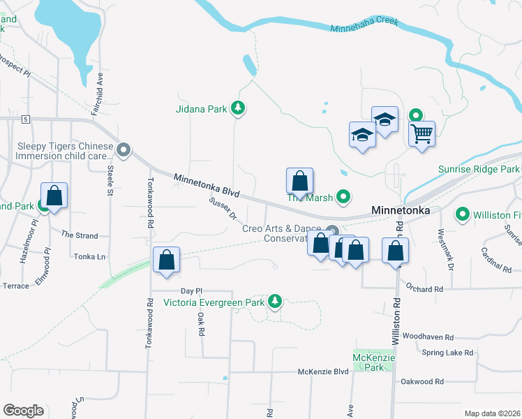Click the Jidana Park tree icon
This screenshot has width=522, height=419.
tap(239, 108)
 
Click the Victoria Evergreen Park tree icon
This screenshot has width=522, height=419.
tap(275, 301)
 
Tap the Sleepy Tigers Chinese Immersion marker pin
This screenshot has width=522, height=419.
tap(124, 149)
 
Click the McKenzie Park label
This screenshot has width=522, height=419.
tap(374, 362)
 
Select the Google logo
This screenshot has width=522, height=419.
tap(23, 411)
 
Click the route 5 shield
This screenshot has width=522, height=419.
tap(26, 120)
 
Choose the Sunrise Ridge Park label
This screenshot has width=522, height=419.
tap(478, 170)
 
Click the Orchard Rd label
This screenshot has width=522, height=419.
tap(424, 288)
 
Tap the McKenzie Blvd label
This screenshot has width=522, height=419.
tap(322, 372)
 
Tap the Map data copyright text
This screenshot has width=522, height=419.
tap(492, 413)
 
